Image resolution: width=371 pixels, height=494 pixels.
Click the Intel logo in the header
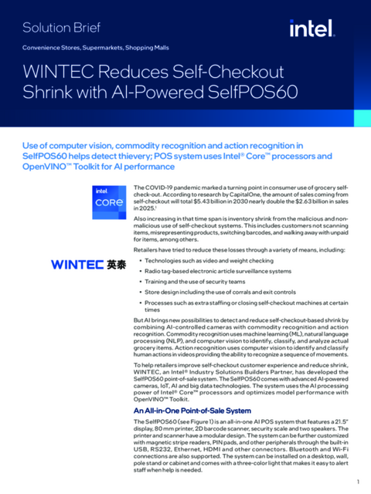(x=311, y=29)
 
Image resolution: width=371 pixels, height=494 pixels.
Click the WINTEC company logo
(x=78, y=264)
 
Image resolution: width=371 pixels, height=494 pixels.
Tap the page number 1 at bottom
(x=358, y=482)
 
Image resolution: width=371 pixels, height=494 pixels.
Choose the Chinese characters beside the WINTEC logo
(x=116, y=264)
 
